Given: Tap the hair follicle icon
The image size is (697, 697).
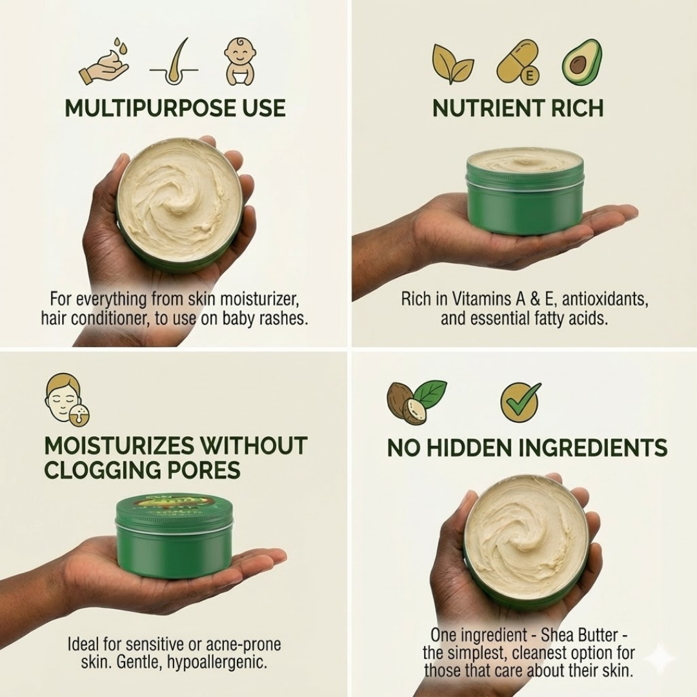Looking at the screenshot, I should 173,63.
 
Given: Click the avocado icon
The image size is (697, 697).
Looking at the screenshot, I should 581,63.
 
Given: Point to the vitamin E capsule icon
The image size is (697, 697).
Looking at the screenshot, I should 517,63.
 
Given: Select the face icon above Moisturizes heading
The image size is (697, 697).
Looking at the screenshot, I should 66,400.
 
